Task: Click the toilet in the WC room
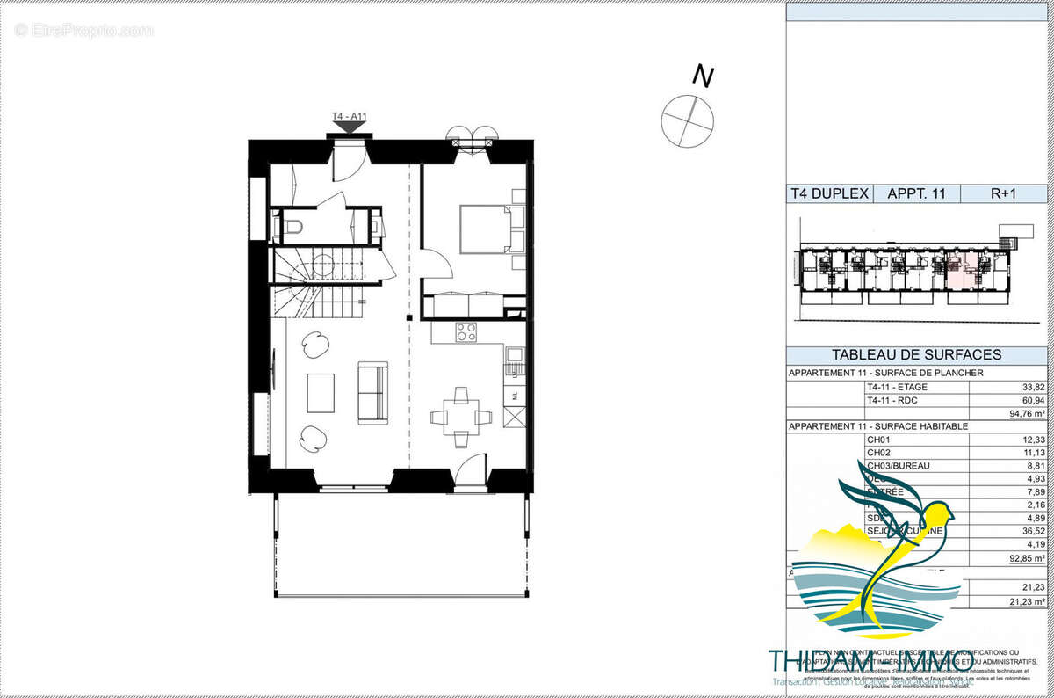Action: pos(292,227)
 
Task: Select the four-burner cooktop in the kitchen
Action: pos(466,332)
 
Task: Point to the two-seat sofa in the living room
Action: pos(372,392)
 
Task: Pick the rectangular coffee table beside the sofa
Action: pos(321,393)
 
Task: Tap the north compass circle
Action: pos(687,120)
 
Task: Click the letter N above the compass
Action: pos(701,76)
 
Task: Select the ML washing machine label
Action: pos(516,395)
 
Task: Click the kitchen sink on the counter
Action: pos(515,356)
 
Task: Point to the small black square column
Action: pos(408,317)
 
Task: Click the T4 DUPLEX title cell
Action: pos(828,194)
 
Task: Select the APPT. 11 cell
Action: pos(916,194)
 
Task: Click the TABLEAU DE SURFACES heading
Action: pos(916,355)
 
